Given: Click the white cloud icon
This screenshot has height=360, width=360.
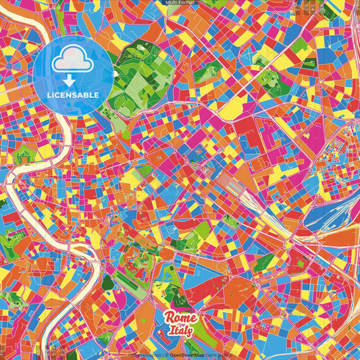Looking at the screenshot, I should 73,61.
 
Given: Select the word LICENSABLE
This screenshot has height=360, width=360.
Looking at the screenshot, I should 73,95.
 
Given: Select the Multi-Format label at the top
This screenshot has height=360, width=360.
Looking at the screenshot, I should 180,3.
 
